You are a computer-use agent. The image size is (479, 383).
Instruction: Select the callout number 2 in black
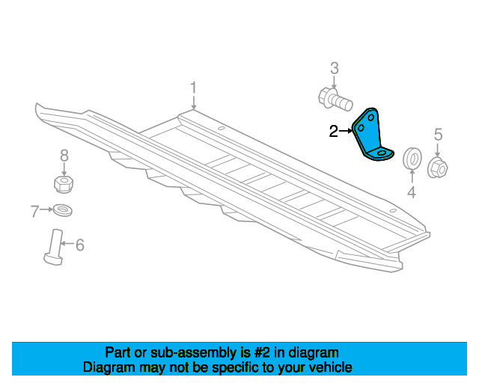click(x=334, y=132)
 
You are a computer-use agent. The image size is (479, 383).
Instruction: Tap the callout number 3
click(x=335, y=68)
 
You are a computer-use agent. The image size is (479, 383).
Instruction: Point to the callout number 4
click(x=412, y=192)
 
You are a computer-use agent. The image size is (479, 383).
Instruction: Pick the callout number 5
click(x=438, y=135)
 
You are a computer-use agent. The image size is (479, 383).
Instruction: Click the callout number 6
click(x=80, y=245)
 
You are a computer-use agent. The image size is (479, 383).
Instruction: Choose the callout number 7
click(x=35, y=211)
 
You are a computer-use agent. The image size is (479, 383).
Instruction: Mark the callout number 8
click(x=64, y=156)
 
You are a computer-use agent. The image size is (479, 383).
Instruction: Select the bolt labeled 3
click(x=335, y=99)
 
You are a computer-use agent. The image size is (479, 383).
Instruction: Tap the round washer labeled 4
click(x=412, y=158)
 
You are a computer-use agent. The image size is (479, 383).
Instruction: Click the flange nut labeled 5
click(x=437, y=167)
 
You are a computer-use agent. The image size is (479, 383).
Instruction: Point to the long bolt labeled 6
click(x=55, y=247)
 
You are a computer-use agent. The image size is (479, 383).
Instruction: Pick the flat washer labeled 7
click(x=63, y=210)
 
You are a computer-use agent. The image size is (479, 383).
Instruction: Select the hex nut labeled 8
click(x=64, y=184)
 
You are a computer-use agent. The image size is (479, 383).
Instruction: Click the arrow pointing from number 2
click(x=346, y=131)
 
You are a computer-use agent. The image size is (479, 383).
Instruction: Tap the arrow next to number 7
click(x=46, y=209)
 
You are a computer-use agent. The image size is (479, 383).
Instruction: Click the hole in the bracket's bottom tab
click(x=382, y=153)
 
